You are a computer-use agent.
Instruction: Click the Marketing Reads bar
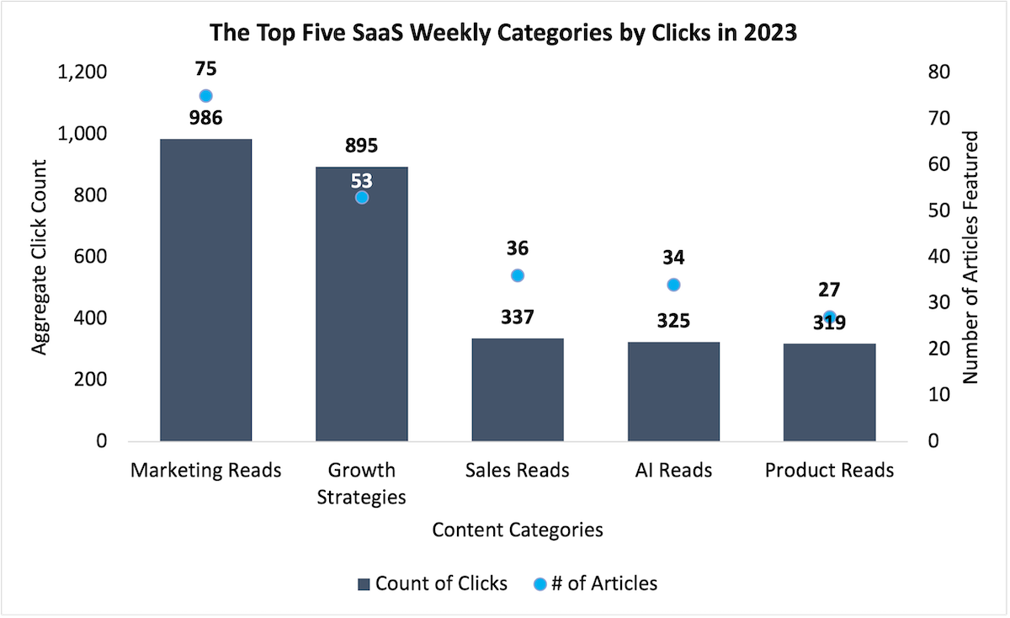(205, 290)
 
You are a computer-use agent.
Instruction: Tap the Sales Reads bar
(518, 389)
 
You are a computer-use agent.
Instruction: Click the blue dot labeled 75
(205, 96)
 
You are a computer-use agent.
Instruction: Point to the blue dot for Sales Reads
(518, 275)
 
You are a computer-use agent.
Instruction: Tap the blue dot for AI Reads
(673, 285)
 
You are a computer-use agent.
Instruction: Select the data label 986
(205, 118)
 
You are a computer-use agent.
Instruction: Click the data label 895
(362, 146)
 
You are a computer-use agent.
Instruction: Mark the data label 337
(518, 318)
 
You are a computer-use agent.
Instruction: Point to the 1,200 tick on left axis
(82, 72)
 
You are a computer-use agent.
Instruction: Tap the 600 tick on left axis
(90, 257)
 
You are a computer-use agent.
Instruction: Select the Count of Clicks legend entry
(433, 583)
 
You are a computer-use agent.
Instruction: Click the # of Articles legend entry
(595, 583)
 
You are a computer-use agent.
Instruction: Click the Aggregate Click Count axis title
(40, 257)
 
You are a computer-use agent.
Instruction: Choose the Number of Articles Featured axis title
(970, 257)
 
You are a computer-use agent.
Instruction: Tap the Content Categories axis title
(517, 530)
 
